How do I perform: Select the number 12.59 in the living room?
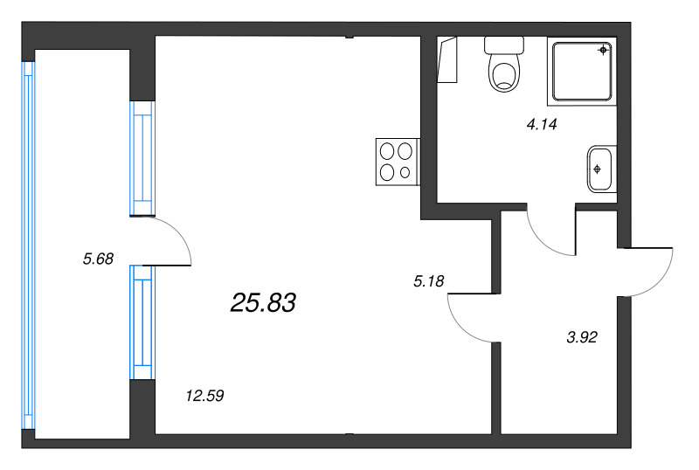[x=205, y=395]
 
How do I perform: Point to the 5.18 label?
[x=429, y=280]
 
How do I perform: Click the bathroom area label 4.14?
[x=541, y=125]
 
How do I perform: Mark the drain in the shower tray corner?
[x=603, y=51]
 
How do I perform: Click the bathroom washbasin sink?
[x=600, y=168]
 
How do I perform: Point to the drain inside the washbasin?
[x=598, y=168]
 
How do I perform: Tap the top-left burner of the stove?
[x=387, y=151]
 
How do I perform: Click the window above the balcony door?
[x=142, y=158]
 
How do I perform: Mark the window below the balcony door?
[x=142, y=322]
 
